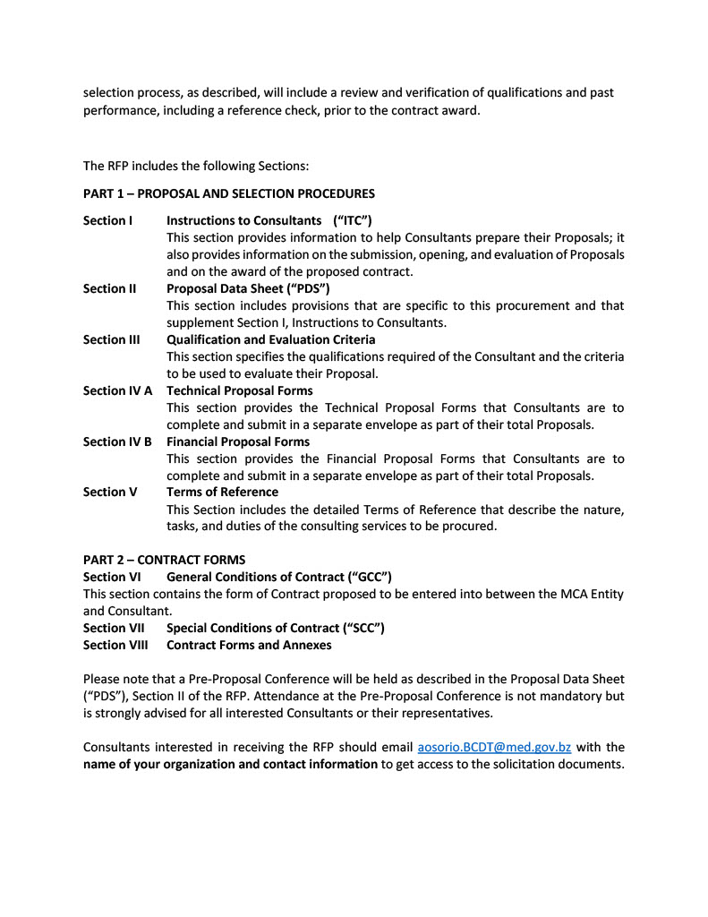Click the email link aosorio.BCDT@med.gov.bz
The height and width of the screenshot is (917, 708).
pos(494,747)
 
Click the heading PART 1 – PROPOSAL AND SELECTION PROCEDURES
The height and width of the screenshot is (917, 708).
pos(229,193)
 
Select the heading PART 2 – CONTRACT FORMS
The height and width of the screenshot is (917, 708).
pos(164,560)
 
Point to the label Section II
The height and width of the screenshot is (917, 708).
pos(109,288)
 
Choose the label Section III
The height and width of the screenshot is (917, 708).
pos(111,339)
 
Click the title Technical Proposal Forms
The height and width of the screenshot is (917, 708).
pos(240,390)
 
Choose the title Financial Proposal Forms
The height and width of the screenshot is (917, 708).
pos(238,441)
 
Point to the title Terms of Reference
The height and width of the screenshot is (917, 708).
pos(222,492)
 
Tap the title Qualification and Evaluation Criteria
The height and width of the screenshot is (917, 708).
pos(271,339)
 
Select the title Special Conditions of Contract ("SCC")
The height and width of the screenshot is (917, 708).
pos(276,628)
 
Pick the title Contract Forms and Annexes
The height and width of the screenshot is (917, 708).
pos(249,645)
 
